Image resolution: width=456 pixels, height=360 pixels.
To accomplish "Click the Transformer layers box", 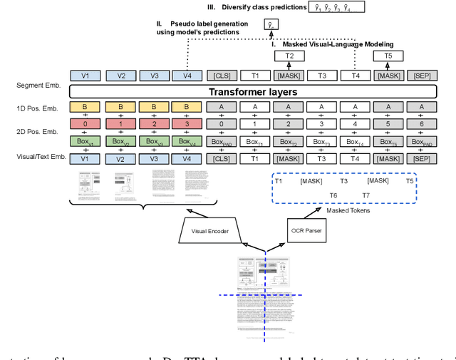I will pos(253,91).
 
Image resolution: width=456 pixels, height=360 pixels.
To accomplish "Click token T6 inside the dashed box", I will pos(333,195).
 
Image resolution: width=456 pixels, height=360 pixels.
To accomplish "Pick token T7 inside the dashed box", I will pos(366,195).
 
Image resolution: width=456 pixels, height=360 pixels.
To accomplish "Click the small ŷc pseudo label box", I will pos(270,25).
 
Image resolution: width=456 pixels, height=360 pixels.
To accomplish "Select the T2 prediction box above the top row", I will pos(289,55).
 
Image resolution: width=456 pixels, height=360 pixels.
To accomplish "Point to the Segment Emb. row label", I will pos(37,86).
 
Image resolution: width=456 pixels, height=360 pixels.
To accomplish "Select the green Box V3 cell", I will pos(153,141).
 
